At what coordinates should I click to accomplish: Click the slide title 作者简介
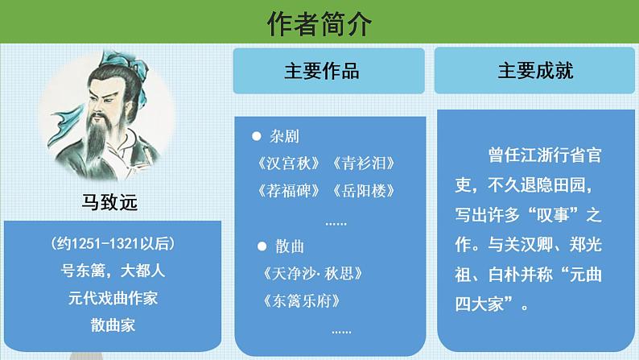tap(319, 24)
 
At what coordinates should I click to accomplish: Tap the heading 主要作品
tap(321, 71)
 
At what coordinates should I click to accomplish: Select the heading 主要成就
tap(535, 71)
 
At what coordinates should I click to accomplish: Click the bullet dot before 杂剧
tap(256, 136)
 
